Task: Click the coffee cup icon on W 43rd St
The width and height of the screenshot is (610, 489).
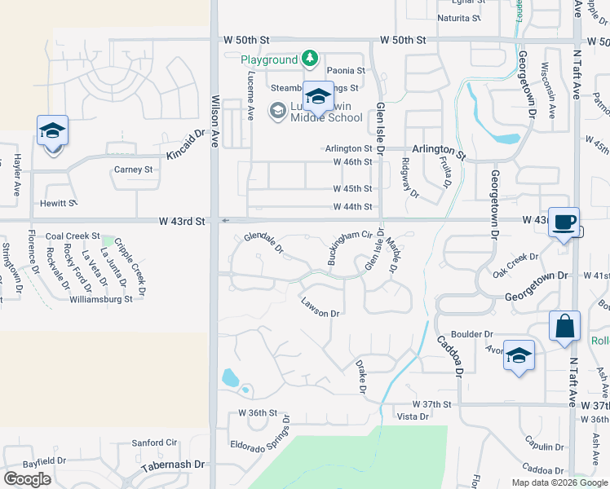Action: [x=564, y=222]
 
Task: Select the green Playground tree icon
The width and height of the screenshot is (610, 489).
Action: [x=309, y=59]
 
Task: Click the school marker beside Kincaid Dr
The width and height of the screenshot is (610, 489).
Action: [x=52, y=132]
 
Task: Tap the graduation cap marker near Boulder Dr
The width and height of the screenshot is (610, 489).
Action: [x=519, y=356]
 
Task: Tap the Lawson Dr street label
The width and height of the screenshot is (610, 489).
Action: [x=319, y=307]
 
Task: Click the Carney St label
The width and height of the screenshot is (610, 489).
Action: [x=134, y=170]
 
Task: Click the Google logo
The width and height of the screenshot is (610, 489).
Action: [x=28, y=479]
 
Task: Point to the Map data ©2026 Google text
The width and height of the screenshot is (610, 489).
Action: [x=559, y=482]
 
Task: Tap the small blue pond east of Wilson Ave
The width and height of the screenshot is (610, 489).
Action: [x=229, y=377]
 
